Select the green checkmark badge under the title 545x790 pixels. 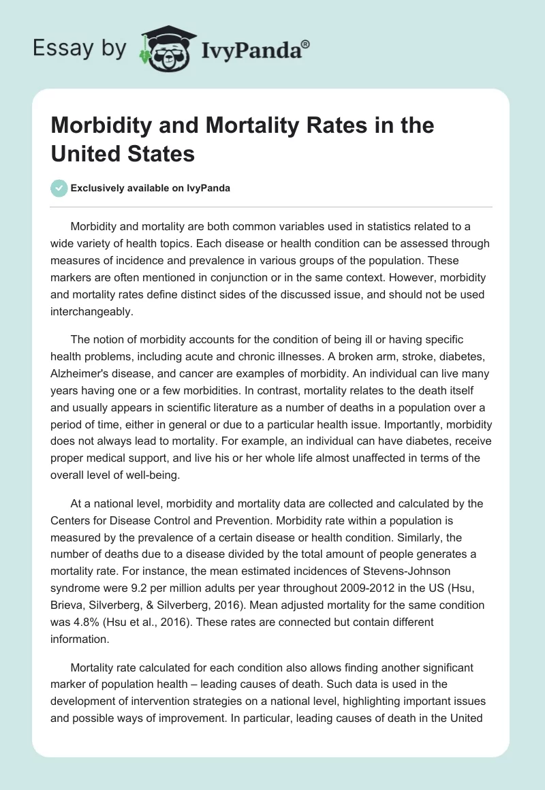pos(59,188)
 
